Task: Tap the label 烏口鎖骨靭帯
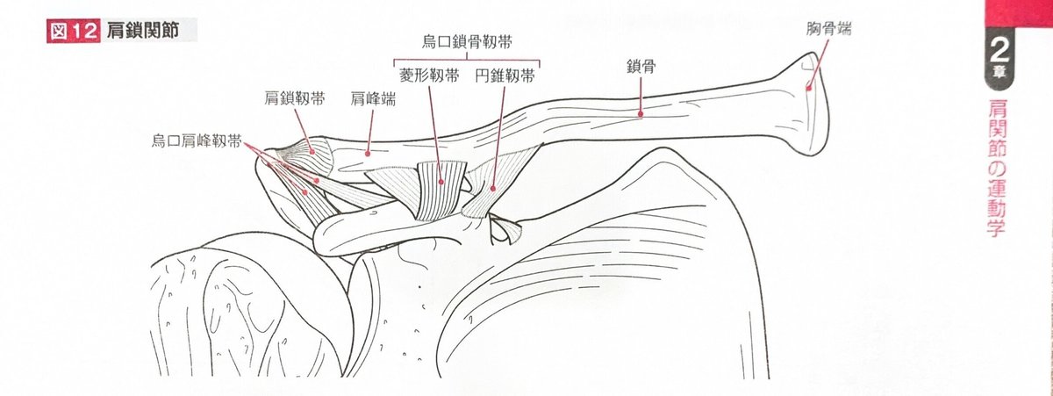point(465,42)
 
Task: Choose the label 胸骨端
point(828,29)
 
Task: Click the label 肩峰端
point(372,99)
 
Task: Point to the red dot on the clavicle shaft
point(641,112)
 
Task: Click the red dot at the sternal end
point(807,86)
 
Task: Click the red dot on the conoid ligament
point(493,187)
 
